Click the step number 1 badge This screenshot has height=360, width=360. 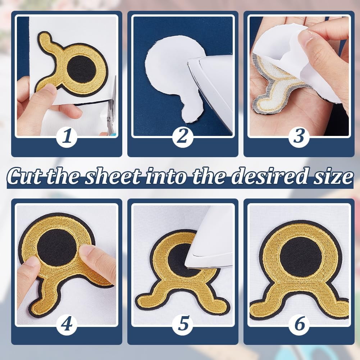[x=67, y=137]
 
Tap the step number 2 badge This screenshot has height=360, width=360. [x=183, y=137]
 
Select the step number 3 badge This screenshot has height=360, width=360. [x=299, y=137]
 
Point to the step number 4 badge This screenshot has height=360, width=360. [x=67, y=325]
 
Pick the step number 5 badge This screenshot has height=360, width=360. [x=183, y=325]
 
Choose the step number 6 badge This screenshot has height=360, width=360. [x=299, y=325]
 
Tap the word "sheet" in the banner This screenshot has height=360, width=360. [x=113, y=176]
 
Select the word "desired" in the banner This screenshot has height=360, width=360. [x=268, y=176]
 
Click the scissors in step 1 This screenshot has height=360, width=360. [x=112, y=108]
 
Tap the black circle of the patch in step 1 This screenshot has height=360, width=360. [x=82, y=70]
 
